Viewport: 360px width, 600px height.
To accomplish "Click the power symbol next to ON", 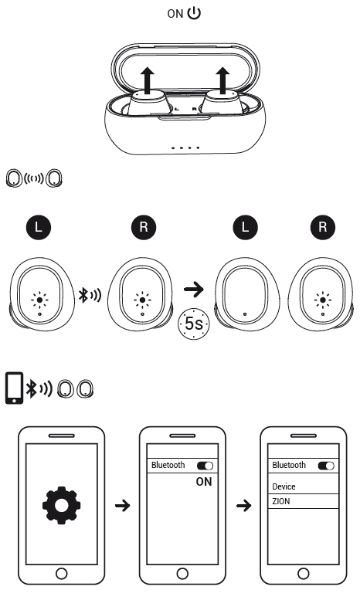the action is pyautogui.click(x=194, y=13).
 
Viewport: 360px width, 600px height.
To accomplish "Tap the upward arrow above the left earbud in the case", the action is pyautogui.click(x=147, y=80).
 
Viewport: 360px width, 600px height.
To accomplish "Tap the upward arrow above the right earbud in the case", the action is pyautogui.click(x=223, y=80).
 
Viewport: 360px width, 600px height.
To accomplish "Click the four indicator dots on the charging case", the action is pyautogui.click(x=185, y=147).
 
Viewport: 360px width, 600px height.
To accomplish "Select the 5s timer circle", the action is pyautogui.click(x=193, y=324).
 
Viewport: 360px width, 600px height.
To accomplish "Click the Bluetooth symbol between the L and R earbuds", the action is pyautogui.click(x=84, y=294).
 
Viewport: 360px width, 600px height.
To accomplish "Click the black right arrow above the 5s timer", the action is pyautogui.click(x=194, y=289).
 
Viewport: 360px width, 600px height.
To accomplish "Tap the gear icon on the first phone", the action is pyautogui.click(x=61, y=505).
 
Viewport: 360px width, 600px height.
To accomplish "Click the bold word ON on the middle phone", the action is pyautogui.click(x=204, y=482).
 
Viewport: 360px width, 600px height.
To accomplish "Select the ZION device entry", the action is pyautogui.click(x=281, y=501).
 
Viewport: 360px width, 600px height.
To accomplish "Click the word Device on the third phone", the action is pyautogui.click(x=284, y=486).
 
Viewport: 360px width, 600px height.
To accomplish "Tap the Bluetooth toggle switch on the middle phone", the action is pyautogui.click(x=205, y=466).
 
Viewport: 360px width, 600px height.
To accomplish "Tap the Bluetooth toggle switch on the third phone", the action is pyautogui.click(x=326, y=466).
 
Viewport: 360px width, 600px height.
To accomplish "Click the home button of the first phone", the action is pyautogui.click(x=61, y=573).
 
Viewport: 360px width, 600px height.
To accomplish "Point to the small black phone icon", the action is pyautogui.click(x=14, y=388).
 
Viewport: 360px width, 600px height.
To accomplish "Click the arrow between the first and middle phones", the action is pyautogui.click(x=123, y=506).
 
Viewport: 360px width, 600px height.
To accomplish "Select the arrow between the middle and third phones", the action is pyautogui.click(x=243, y=506).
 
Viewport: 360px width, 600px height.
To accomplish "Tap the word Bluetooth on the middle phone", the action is pyautogui.click(x=168, y=466).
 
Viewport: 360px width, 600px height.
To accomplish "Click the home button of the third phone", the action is pyautogui.click(x=304, y=573).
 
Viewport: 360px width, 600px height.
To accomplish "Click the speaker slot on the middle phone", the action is pyautogui.click(x=182, y=436).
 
